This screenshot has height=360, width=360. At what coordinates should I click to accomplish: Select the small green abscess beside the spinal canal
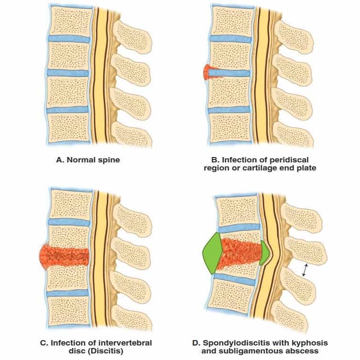click(264, 253)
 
